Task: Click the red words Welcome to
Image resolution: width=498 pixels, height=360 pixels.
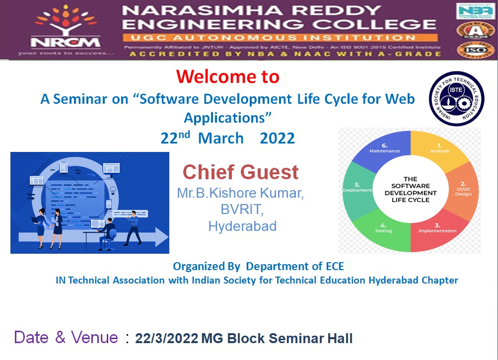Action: click(227, 76)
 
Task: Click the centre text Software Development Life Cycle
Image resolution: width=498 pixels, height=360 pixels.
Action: click(410, 189)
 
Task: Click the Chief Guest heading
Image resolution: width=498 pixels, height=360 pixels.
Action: click(241, 172)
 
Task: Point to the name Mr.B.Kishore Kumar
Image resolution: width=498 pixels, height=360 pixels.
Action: click(240, 193)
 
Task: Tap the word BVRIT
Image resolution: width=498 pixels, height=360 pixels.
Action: click(242, 210)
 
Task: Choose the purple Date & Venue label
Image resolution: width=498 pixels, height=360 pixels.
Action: click(66, 338)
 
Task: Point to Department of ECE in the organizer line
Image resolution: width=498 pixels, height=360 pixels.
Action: click(295, 266)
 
